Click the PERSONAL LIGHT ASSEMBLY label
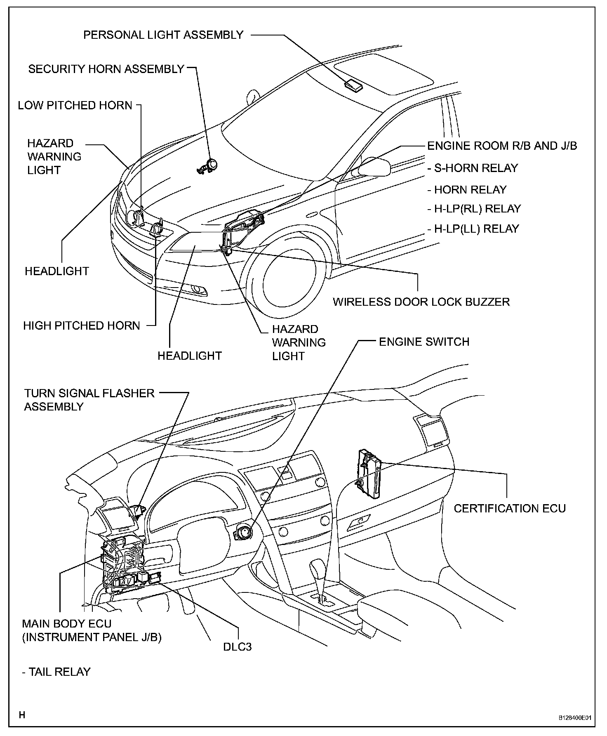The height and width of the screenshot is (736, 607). coord(163,35)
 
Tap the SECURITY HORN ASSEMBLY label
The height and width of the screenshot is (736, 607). coord(106,69)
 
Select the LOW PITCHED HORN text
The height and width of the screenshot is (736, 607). coord(75,105)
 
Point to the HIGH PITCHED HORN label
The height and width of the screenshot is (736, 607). coord(82,326)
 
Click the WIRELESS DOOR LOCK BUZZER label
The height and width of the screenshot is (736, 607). coord(421,302)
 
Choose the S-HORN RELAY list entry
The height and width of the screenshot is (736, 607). coord(473,168)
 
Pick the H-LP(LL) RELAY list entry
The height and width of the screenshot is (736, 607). coord(473,229)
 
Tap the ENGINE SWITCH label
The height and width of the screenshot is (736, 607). coord(424,342)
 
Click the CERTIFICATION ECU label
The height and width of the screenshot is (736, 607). coord(510,508)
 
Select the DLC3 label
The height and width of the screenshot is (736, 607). coord(237,646)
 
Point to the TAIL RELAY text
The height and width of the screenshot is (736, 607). coord(56,672)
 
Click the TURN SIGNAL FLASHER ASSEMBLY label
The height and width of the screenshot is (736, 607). coord(89,399)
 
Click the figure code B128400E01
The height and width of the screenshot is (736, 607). coord(575,718)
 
